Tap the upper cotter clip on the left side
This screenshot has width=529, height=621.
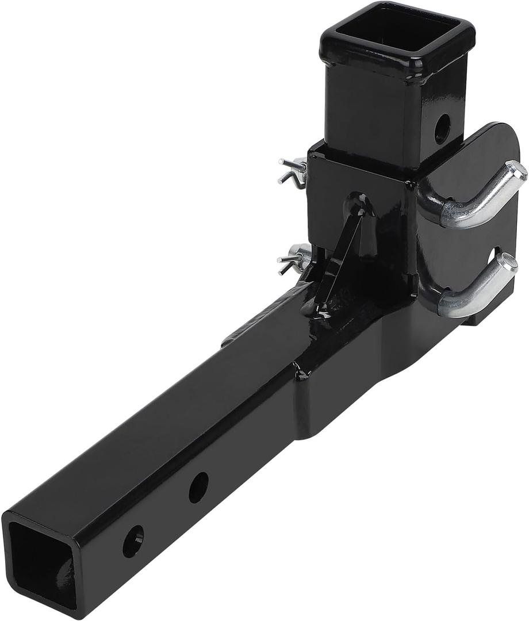pos(293,171)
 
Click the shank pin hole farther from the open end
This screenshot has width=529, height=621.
pos(198,488)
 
